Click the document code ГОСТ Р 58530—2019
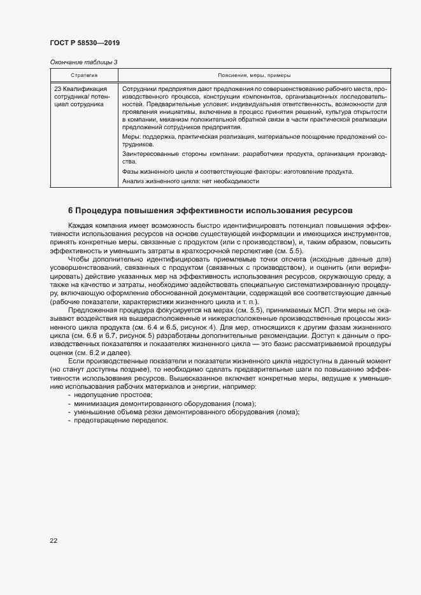click(85, 43)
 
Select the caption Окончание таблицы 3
click(83, 62)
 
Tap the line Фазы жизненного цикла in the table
click(237, 172)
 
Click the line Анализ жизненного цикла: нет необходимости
click(190, 181)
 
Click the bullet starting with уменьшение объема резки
click(186, 412)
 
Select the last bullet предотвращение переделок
click(115, 420)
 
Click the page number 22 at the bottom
click(54, 540)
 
